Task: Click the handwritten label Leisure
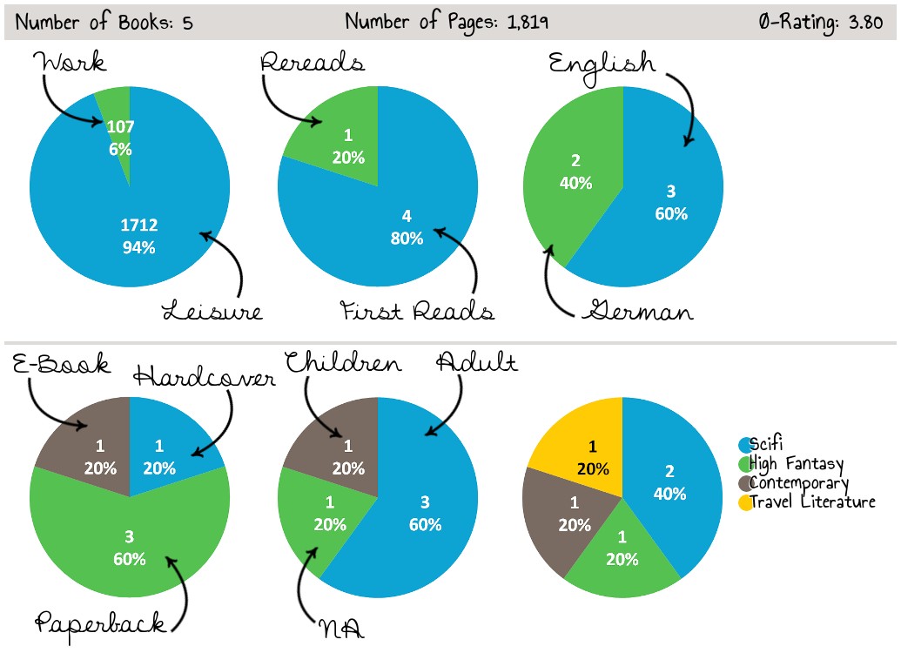click(x=212, y=310)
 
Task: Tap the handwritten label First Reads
click(x=418, y=310)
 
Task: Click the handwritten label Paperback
click(x=100, y=622)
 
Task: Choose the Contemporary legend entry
click(x=798, y=483)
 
